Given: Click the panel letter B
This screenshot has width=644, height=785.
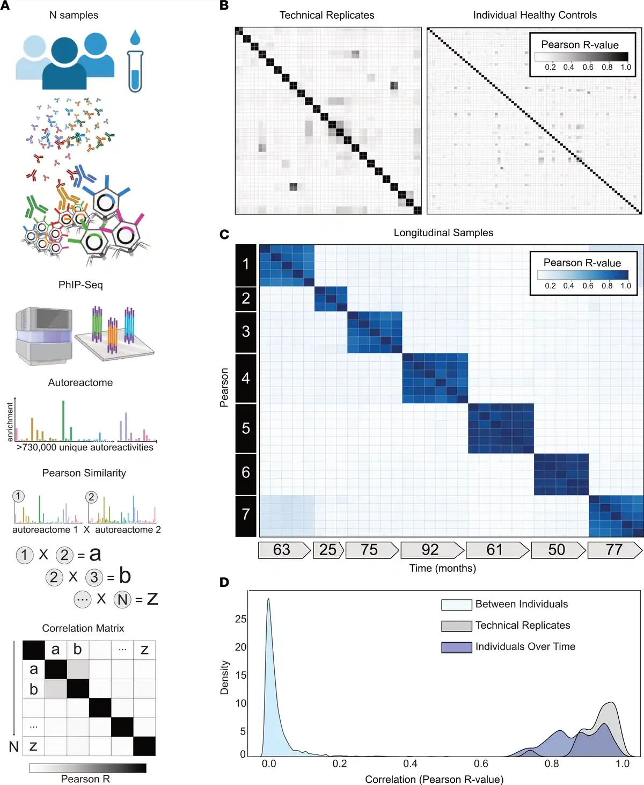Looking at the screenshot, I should [x=224, y=6].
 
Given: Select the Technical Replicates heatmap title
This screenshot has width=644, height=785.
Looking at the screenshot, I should [x=327, y=15].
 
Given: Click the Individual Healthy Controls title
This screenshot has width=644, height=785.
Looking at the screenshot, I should [x=535, y=15].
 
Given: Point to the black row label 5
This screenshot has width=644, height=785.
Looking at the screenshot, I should [x=246, y=428].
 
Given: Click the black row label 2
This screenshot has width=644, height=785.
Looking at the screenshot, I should [x=246, y=298].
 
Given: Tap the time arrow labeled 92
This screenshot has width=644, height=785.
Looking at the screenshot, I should [x=431, y=550].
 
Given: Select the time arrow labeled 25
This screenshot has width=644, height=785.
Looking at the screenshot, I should [x=328, y=550].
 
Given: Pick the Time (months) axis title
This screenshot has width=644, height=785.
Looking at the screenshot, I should [x=442, y=568].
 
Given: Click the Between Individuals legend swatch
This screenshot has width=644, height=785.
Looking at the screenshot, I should [x=456, y=605].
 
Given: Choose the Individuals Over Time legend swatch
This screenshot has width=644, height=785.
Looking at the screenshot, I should [x=456, y=647].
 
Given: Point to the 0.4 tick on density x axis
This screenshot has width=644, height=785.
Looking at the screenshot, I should [x=410, y=764].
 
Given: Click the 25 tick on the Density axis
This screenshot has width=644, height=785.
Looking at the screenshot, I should [x=241, y=619].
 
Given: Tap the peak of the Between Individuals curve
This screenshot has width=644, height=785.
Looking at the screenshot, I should [x=268, y=599].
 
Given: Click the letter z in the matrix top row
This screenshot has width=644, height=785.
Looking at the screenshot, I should [x=144, y=650].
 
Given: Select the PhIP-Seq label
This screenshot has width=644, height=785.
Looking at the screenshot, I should [x=80, y=285].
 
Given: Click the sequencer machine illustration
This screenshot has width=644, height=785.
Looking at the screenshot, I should [x=43, y=336].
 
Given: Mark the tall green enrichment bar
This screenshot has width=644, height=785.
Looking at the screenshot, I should [x=63, y=420].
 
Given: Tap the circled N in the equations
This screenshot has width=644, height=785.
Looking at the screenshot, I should [x=122, y=599].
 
